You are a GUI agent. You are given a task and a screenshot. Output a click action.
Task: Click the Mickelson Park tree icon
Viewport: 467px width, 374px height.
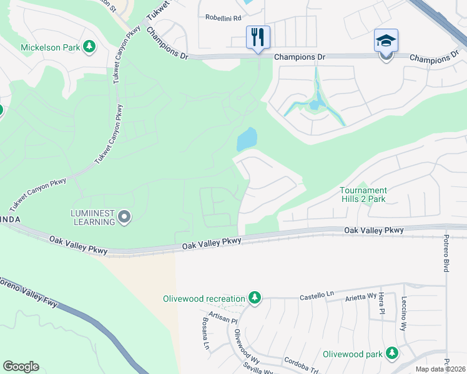tap(89, 47)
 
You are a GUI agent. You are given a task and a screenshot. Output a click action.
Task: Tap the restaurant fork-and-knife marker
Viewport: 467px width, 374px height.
tap(258, 37)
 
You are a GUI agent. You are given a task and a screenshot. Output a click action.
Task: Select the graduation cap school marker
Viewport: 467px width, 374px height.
tap(386, 41)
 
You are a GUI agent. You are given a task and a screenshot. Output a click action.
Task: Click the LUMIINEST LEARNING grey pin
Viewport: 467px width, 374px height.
tap(124, 217)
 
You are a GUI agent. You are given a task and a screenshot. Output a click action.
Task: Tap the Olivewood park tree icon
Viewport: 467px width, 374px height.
tap(392, 354)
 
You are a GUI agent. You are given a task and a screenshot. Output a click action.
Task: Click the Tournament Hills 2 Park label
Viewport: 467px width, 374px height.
tap(363, 194)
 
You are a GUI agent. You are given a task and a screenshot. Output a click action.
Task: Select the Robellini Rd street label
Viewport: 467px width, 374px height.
tap(223, 18)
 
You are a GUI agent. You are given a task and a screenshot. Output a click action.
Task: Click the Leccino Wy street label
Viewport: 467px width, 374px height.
tap(404, 313)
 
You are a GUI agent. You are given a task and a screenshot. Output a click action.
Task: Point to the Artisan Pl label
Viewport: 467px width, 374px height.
tap(224, 318)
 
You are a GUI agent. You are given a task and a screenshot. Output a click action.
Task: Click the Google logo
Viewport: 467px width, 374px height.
tap(21, 367)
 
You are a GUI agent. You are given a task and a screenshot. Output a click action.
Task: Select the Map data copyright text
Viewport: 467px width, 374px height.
tap(441, 369)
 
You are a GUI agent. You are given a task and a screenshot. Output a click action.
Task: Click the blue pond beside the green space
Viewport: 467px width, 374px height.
tap(247, 139)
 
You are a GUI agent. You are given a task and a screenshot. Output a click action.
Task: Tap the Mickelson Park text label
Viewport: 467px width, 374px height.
tap(51, 47)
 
